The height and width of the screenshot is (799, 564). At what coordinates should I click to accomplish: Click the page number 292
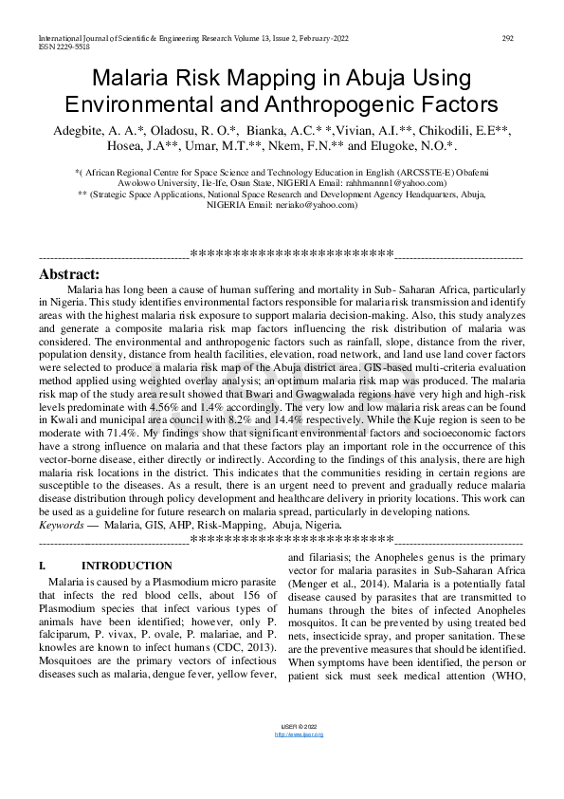coord(507,38)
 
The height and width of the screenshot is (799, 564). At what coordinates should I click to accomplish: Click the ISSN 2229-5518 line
coord(64,46)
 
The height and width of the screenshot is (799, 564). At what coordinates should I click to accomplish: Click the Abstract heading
coord(69,273)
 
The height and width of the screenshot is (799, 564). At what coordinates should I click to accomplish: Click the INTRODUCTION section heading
coord(127,566)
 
